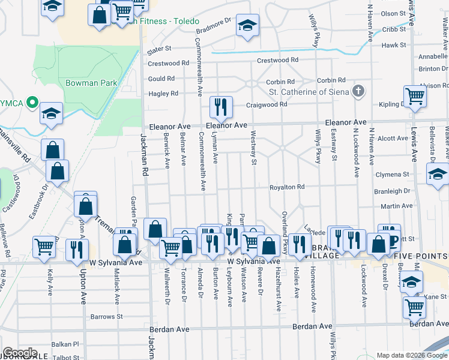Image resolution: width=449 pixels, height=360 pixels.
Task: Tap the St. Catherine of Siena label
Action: coord(309,92)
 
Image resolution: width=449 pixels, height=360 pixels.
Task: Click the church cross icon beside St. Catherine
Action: coord(358,92)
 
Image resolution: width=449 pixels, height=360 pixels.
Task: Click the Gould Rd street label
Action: coord(161,79)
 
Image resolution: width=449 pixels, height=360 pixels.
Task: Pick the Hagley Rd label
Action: coord(163,94)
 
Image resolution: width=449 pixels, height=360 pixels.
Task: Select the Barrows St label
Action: coord(106,316)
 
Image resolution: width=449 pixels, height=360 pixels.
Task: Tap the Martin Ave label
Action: coord(397,206)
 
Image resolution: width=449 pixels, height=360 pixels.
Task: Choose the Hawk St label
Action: coord(394,45)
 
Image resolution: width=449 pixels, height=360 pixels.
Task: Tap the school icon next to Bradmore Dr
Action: coord(247,26)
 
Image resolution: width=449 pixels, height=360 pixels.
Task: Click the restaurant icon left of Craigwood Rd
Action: coord(221,107)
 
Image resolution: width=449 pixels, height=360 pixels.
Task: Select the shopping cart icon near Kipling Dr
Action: coord(415,97)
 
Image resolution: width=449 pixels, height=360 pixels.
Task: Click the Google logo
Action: coord(20,353)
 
